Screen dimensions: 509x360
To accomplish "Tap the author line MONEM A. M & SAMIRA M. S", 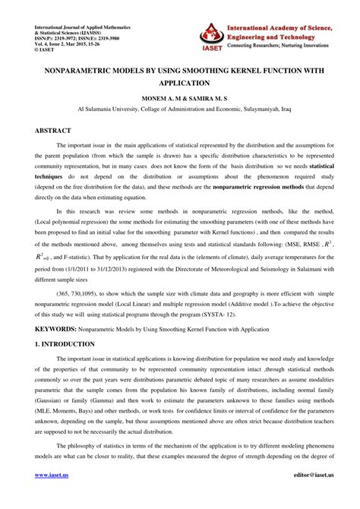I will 180,99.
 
